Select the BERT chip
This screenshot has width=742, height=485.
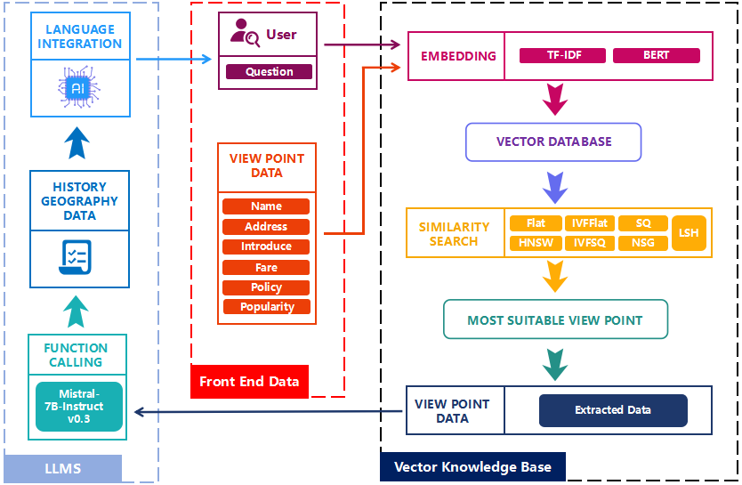tap(656, 55)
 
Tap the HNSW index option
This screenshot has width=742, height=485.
tap(536, 242)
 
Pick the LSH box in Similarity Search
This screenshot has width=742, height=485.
tap(689, 232)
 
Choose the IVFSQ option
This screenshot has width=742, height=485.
tap(590, 242)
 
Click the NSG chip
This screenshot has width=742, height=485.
tap(641, 242)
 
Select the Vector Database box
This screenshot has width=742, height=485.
tap(553, 141)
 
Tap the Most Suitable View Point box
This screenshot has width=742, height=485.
tap(555, 319)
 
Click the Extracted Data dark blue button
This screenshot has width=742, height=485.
tap(613, 410)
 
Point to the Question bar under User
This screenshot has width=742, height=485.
tap(269, 72)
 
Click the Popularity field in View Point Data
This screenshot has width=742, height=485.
tap(266, 307)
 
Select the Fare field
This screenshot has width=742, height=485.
tap(266, 267)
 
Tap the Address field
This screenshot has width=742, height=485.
tap(266, 227)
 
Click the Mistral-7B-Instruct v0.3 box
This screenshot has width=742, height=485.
tap(79, 406)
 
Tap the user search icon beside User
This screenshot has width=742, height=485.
tap(245, 35)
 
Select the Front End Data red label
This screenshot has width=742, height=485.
tap(249, 382)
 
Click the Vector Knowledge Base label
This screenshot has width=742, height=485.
tap(472, 467)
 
